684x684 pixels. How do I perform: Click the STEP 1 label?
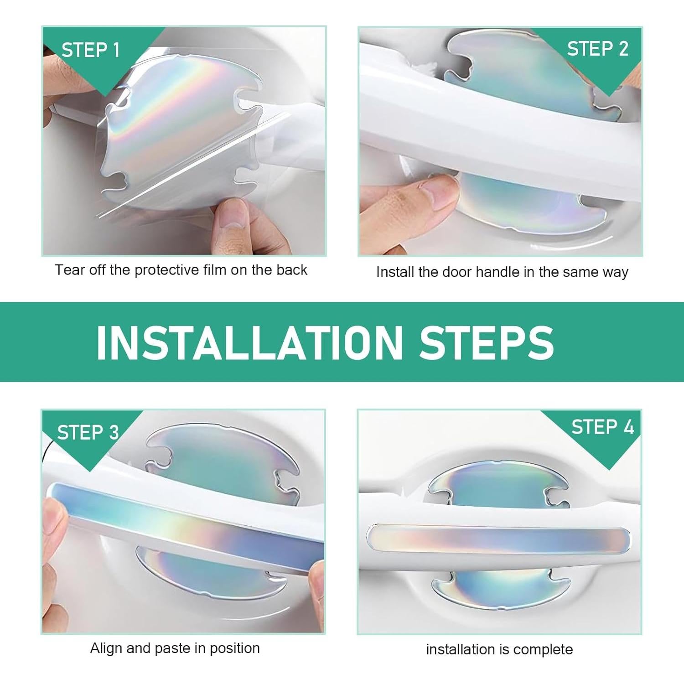pyautogui.click(x=90, y=50)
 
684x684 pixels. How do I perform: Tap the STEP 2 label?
pyautogui.click(x=597, y=49)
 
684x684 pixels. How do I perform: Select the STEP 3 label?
pyautogui.click(x=88, y=432)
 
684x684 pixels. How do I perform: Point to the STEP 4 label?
pyautogui.click(x=602, y=427)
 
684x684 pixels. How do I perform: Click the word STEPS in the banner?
pyautogui.click(x=486, y=342)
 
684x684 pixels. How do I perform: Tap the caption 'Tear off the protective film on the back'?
pyautogui.click(x=181, y=270)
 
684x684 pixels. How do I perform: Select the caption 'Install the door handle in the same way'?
pyautogui.click(x=502, y=272)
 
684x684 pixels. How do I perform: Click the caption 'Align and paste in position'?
pyautogui.click(x=175, y=648)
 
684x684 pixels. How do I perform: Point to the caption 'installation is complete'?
pyautogui.click(x=499, y=649)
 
